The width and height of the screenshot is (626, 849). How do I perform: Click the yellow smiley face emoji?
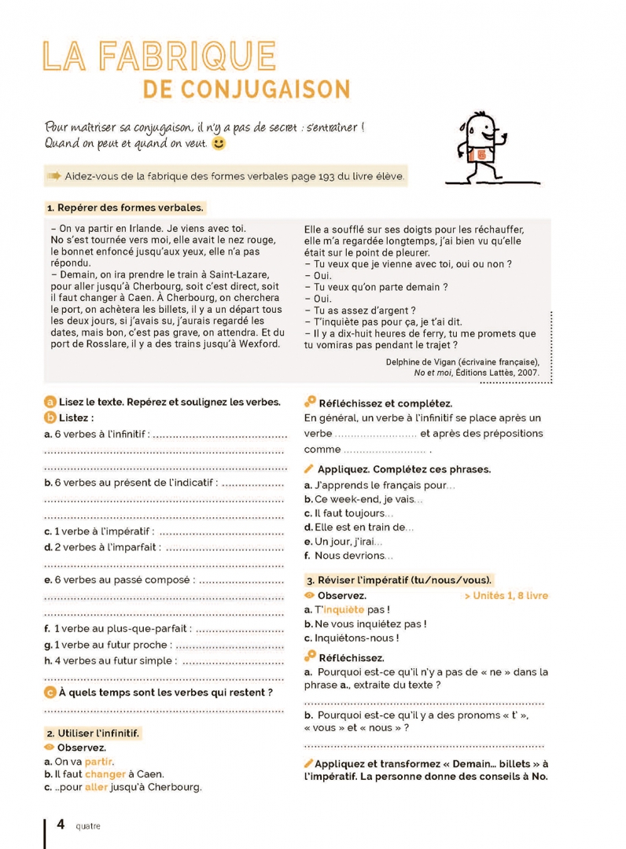(x=219, y=144)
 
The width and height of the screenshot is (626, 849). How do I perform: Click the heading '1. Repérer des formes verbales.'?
(x=125, y=208)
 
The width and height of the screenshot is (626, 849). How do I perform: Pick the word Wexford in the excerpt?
(x=257, y=343)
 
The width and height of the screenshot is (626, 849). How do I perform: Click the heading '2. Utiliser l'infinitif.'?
(x=93, y=733)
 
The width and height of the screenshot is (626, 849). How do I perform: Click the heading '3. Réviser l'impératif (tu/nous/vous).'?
(x=400, y=580)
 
